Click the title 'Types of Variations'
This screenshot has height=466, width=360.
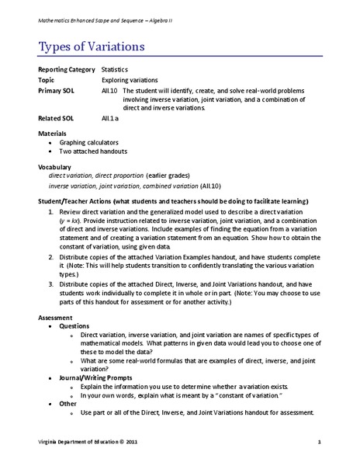[x=91, y=47]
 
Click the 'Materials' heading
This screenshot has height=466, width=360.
[x=53, y=135]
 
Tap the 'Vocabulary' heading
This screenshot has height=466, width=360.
[x=55, y=167]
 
